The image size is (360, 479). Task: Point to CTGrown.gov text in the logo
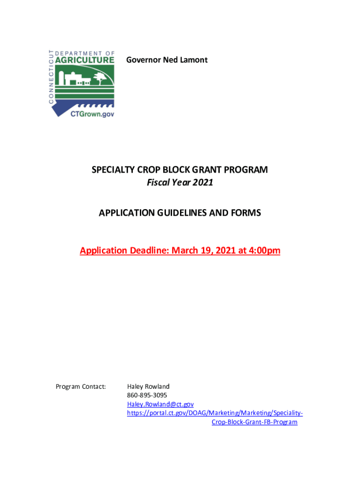click(92, 113)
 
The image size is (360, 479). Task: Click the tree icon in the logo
click(99, 78)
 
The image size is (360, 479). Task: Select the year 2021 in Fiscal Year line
click(203, 182)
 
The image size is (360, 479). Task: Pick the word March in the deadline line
click(184, 251)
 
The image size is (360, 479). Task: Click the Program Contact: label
click(81, 386)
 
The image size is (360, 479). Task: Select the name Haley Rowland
click(148, 386)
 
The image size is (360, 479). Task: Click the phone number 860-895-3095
click(147, 395)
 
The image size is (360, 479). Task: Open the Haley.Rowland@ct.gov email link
click(160, 404)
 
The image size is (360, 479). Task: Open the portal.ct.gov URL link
click(215, 413)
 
